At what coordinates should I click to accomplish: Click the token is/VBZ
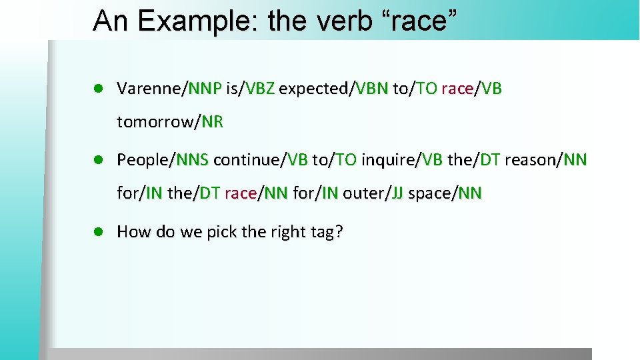coord(251,88)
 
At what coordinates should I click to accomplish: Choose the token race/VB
coord(471,88)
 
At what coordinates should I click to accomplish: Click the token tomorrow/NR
coord(170,123)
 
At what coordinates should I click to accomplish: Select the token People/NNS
coord(163,159)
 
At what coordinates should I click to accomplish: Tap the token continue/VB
coord(260,159)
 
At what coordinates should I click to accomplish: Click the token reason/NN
coord(546,159)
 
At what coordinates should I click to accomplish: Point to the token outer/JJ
coord(373,194)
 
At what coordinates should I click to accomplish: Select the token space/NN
coord(445,194)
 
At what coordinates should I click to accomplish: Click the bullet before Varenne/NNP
coord(97,88)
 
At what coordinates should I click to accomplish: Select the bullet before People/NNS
coord(97,159)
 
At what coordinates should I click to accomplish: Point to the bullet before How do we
coord(97,232)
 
